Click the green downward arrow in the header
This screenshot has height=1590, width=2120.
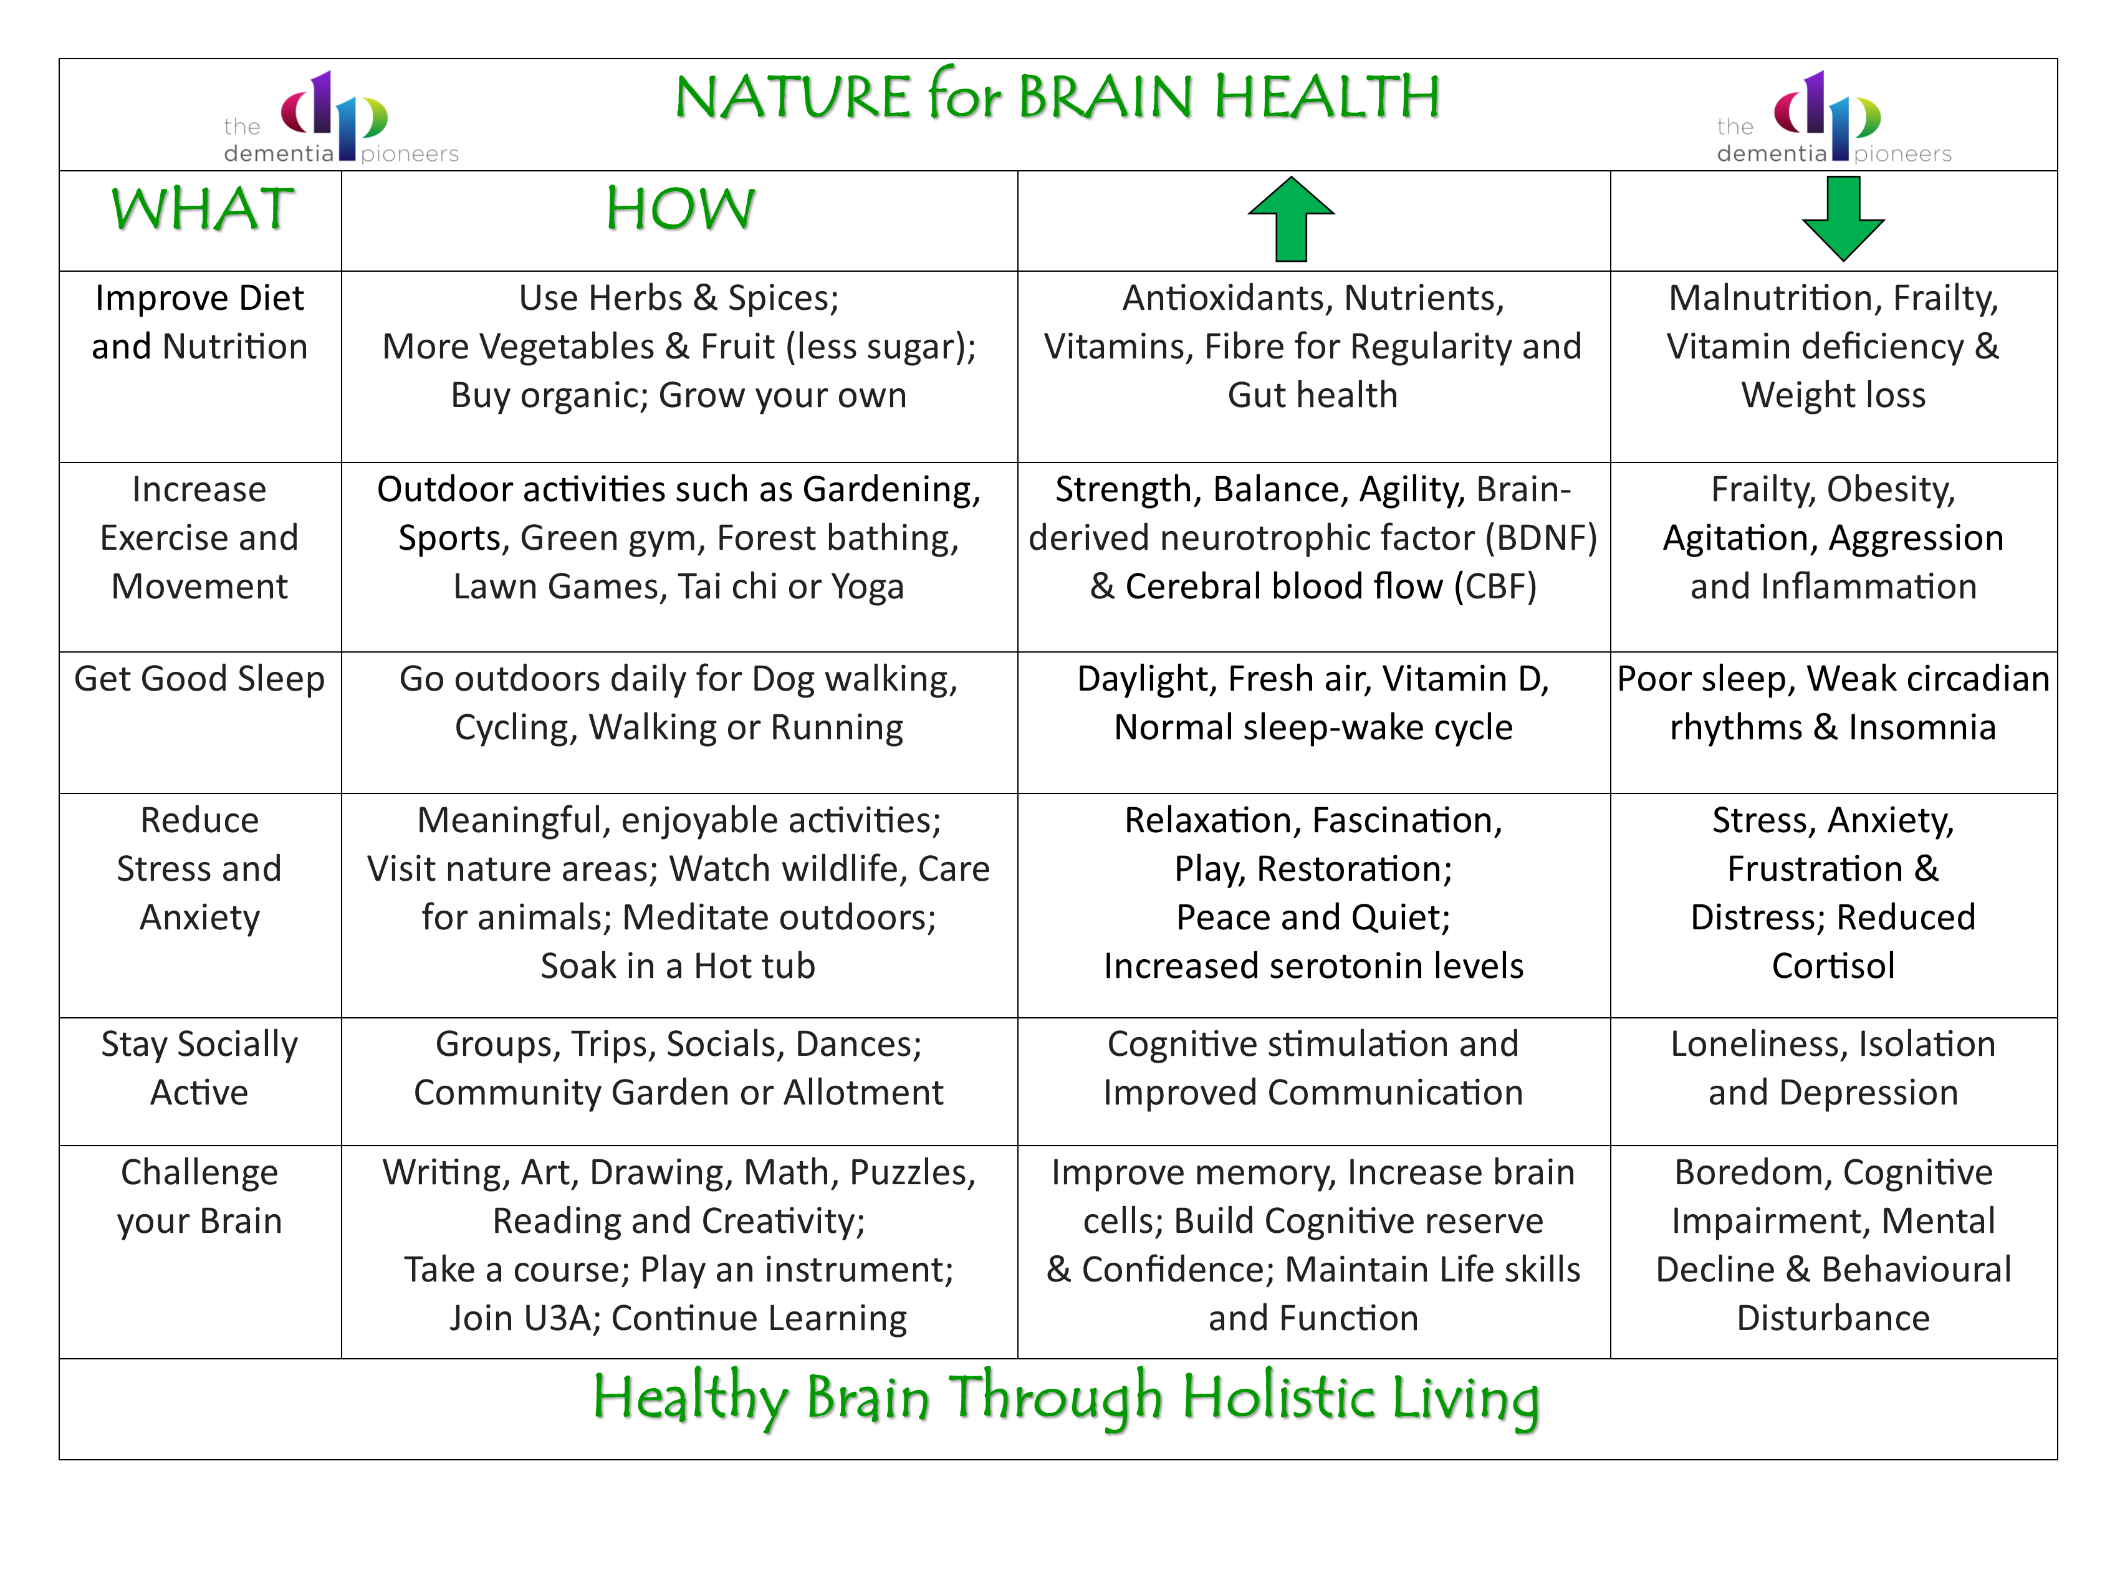click(x=1843, y=219)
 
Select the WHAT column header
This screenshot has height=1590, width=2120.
click(x=202, y=209)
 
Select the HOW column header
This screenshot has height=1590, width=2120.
click(x=681, y=209)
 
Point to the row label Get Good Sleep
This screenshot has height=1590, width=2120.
click(x=199, y=679)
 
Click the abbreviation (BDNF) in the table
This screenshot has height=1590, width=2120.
click(x=1541, y=539)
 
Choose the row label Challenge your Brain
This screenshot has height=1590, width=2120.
click(x=199, y=1197)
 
